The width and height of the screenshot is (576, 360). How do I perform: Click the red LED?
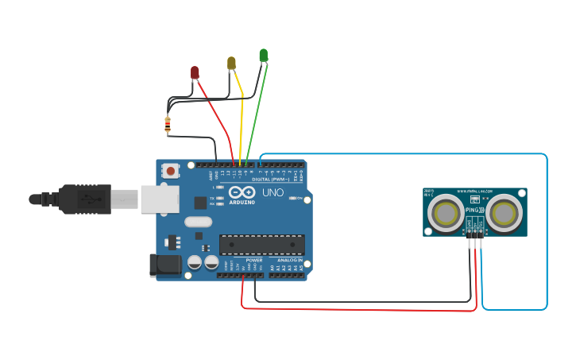(x=195, y=72)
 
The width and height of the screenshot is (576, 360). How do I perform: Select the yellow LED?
(x=231, y=62)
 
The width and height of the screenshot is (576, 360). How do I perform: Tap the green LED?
(x=263, y=55)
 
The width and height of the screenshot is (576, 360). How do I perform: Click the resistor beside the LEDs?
(x=168, y=123)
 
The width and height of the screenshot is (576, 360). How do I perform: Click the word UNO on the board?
(x=273, y=192)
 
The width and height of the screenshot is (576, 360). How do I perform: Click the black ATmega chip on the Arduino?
(x=261, y=246)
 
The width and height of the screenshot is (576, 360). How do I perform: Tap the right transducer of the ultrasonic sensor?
(x=504, y=213)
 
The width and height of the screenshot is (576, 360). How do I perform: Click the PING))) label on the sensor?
(x=474, y=211)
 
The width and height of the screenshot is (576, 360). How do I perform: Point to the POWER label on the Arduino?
(x=254, y=260)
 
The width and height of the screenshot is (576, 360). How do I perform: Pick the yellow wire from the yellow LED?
(x=242, y=119)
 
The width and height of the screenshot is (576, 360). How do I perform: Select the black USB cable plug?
(x=83, y=199)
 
